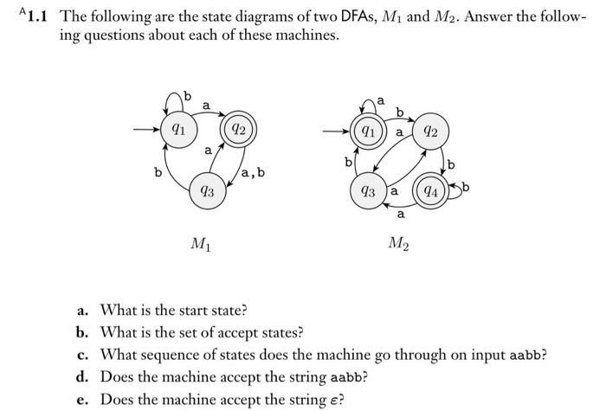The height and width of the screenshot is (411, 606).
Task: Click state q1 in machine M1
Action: point(177,132)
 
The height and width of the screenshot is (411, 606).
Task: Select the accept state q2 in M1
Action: point(240,132)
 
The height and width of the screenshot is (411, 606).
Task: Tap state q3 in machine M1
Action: point(208,190)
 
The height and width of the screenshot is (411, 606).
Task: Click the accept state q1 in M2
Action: point(369,134)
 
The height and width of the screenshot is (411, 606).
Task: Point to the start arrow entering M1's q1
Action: point(145,132)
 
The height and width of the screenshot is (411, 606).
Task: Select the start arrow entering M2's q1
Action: point(337,133)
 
